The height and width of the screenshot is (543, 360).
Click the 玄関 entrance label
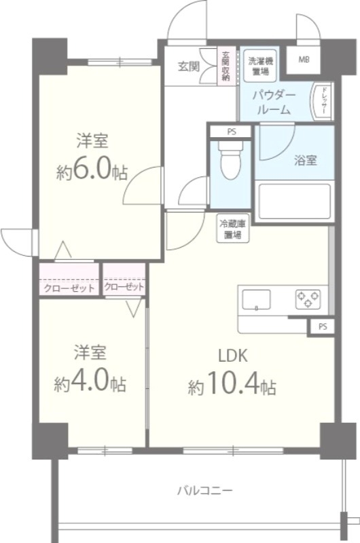tap(189, 66)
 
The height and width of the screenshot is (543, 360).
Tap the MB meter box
tap(304, 59)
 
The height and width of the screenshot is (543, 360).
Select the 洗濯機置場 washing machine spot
tap(257, 64)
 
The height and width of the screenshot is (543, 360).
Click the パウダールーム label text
tap(274, 102)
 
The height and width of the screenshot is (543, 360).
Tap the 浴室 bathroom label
tap(305, 161)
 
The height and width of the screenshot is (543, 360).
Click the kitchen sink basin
tap(257, 299)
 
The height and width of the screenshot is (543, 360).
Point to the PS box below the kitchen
tap(323, 326)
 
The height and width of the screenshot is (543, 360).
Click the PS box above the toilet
tap(232, 131)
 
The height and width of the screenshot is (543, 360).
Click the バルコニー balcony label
tap(204, 489)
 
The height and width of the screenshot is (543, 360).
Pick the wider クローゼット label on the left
tap(69, 288)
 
